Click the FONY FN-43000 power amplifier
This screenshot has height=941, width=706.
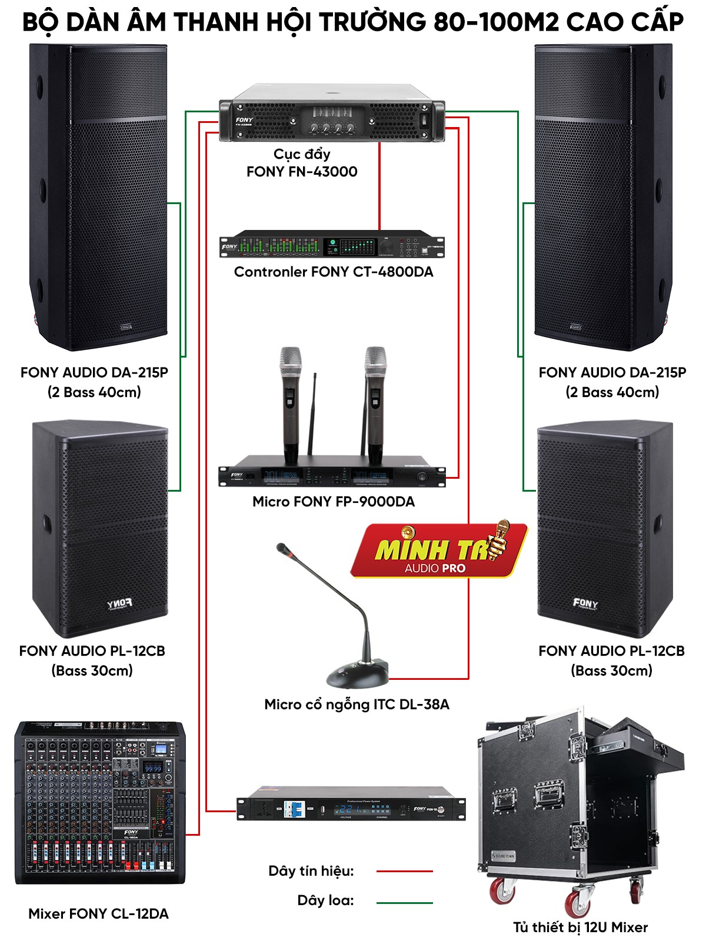pyautogui.click(x=331, y=118)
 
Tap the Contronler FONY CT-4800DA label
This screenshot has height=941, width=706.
pyautogui.click(x=333, y=272)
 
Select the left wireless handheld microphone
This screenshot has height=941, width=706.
pyautogui.click(x=290, y=400)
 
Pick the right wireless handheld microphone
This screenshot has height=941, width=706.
pyautogui.click(x=375, y=400)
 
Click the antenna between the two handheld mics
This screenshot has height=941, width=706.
pyautogui.click(x=314, y=412)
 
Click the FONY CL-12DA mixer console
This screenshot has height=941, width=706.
pyautogui.click(x=100, y=803)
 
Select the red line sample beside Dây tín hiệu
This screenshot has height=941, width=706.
pyautogui.click(x=404, y=871)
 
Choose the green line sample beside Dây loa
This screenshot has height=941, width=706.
pyautogui.click(x=404, y=902)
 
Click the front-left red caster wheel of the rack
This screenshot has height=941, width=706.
pyautogui.click(x=501, y=891)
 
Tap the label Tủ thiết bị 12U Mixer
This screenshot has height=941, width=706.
pyautogui.click(x=580, y=927)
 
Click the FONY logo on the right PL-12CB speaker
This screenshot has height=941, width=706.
pyautogui.click(x=585, y=603)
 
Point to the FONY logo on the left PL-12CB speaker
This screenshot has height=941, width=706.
pyautogui.click(x=119, y=604)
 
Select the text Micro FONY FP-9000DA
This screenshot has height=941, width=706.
pyautogui.click(x=333, y=502)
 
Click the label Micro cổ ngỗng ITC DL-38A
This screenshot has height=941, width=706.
pyautogui.click(x=357, y=704)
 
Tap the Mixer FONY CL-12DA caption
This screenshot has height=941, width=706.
pyautogui.click(x=98, y=913)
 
